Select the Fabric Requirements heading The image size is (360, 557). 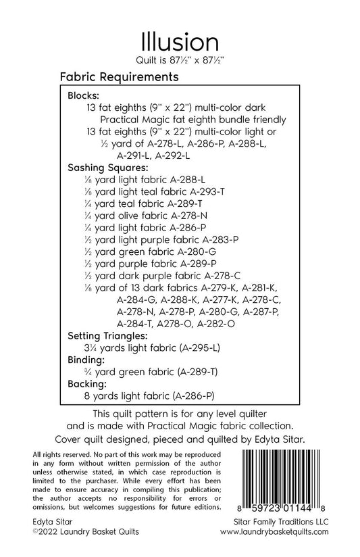pos(118,77)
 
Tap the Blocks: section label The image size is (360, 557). pos(84,96)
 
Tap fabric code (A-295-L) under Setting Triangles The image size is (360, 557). pos(194,348)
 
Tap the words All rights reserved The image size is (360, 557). pos(54,449)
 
